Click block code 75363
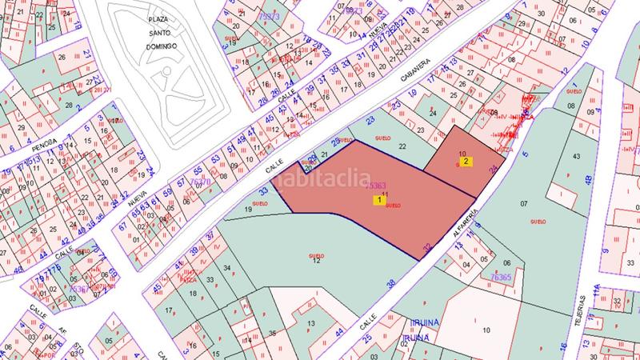(x=375, y=186)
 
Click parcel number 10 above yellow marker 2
(x=462, y=154)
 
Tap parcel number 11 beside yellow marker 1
(x=385, y=194)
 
